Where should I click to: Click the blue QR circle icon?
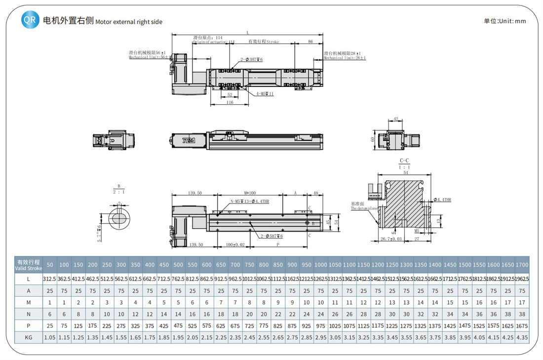click(30, 20)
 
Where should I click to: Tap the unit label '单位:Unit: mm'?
click(504, 21)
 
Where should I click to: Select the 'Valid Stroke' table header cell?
click(29, 265)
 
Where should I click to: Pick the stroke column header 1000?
click(320, 265)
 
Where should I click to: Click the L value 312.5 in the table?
click(49, 279)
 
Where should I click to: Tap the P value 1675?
click(522, 325)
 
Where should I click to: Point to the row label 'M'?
click(29, 302)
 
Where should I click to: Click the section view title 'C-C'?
click(404, 161)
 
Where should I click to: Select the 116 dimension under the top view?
click(230, 103)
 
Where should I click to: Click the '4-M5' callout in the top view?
click(265, 94)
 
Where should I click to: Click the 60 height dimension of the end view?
click(373, 139)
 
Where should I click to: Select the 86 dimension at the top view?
click(310, 42)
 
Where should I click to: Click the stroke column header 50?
click(49, 265)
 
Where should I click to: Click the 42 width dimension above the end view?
click(396, 120)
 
